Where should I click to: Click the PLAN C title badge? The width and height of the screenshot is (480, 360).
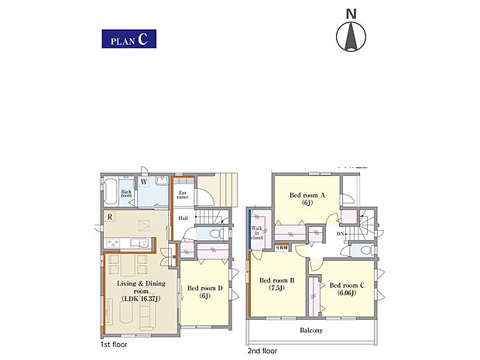click(x=128, y=38)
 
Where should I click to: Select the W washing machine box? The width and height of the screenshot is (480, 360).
click(x=144, y=183)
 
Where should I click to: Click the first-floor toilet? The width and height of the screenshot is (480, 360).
click(x=218, y=232)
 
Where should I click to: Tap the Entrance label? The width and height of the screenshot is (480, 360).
click(x=183, y=195)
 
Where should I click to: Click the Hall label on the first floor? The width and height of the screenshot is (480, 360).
click(x=183, y=218)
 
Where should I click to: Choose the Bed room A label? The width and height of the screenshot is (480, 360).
click(x=307, y=198)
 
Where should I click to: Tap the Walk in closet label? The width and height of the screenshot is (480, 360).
click(x=257, y=233)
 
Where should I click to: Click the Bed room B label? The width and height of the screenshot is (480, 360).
click(x=276, y=283)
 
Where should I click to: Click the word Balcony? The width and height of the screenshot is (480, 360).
click(x=311, y=331)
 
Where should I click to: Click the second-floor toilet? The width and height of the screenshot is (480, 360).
click(x=361, y=250)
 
